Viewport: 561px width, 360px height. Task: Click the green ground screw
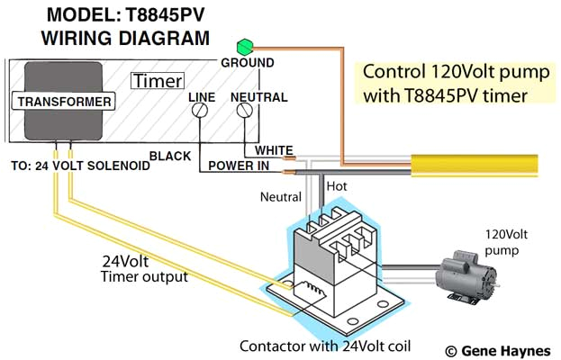241,46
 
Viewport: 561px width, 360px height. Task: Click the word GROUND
248,63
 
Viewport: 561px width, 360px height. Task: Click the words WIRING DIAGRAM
126,39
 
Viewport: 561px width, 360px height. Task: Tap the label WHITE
274,149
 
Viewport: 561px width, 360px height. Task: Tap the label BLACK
169,156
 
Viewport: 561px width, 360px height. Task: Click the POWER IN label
240,166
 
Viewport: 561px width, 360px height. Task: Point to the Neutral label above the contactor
280,196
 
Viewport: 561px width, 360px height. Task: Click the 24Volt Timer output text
145,269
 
